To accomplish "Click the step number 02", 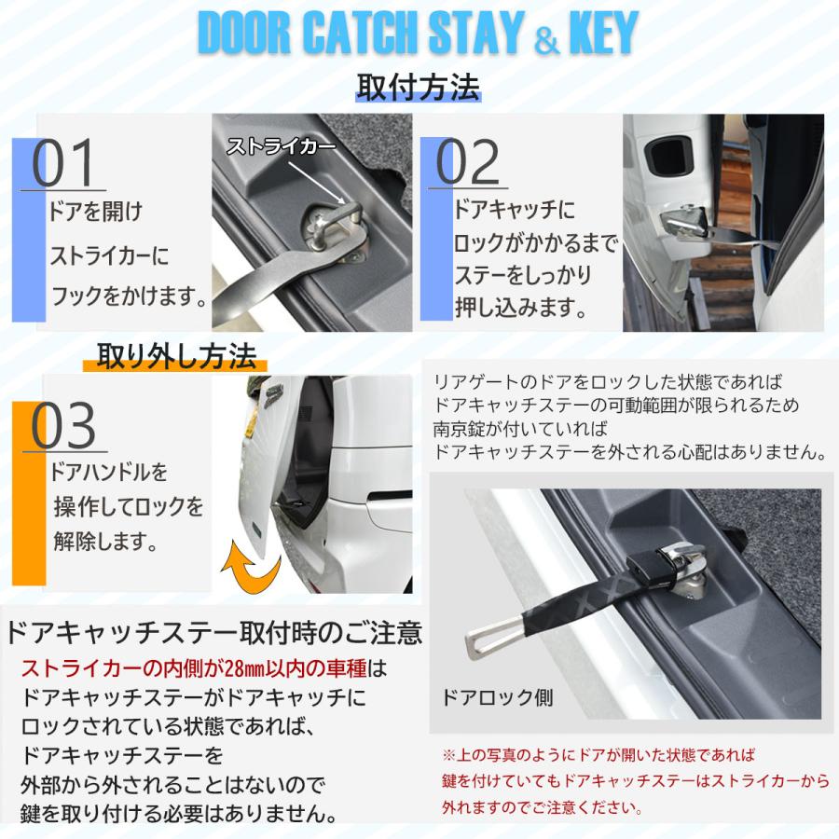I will coord(469,164).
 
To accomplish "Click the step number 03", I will coord(64,427).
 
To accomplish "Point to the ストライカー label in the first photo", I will coord(281,147).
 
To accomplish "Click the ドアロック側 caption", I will coord(498,698).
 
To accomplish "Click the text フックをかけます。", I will coord(127,298).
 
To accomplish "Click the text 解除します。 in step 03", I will coord(105,540).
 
